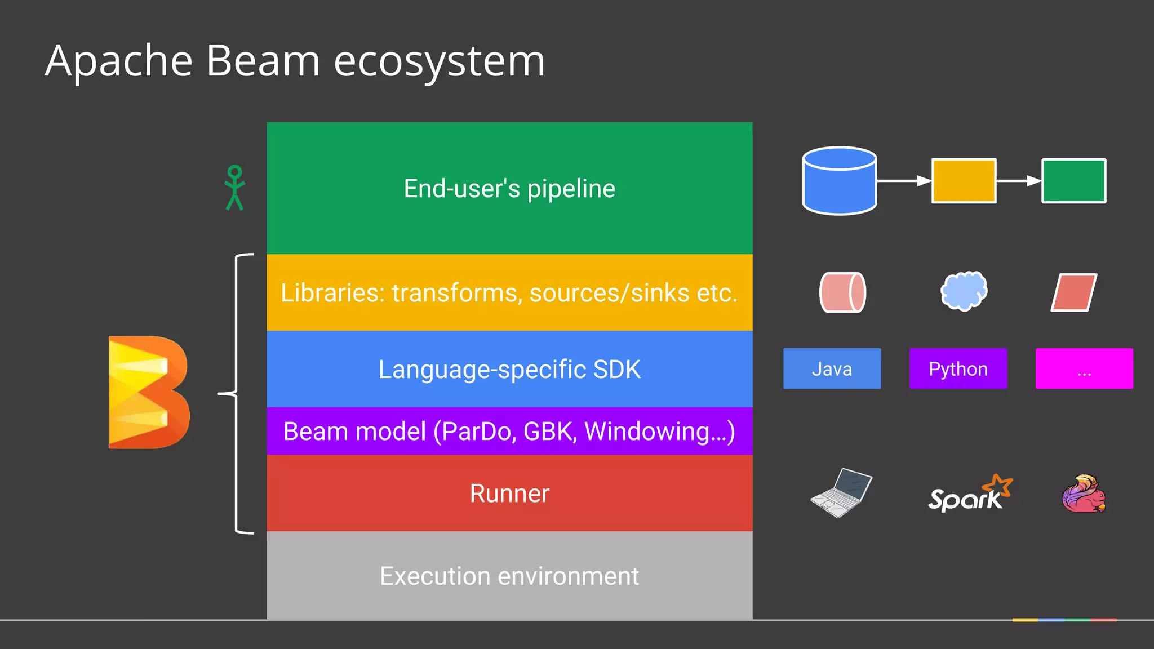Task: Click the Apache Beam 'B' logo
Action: pyautogui.click(x=149, y=392)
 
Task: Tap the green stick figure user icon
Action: pyautogui.click(x=234, y=188)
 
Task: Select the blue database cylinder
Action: pyautogui.click(x=839, y=181)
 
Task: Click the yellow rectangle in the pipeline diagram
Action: pyautogui.click(x=964, y=181)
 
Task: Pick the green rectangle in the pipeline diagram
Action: pyautogui.click(x=1073, y=181)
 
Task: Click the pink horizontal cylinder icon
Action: pyautogui.click(x=842, y=292)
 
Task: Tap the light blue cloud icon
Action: pyautogui.click(x=964, y=291)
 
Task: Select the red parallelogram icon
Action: pyautogui.click(x=1074, y=292)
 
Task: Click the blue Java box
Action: pyautogui.click(x=832, y=368)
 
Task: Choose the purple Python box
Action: pyautogui.click(x=958, y=368)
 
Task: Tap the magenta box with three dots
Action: pyautogui.click(x=1084, y=368)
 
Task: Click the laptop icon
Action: pyautogui.click(x=841, y=492)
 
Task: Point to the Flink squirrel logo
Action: pyautogui.click(x=1084, y=494)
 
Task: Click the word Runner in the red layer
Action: pyautogui.click(x=509, y=494)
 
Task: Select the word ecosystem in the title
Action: pyautogui.click(x=439, y=61)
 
